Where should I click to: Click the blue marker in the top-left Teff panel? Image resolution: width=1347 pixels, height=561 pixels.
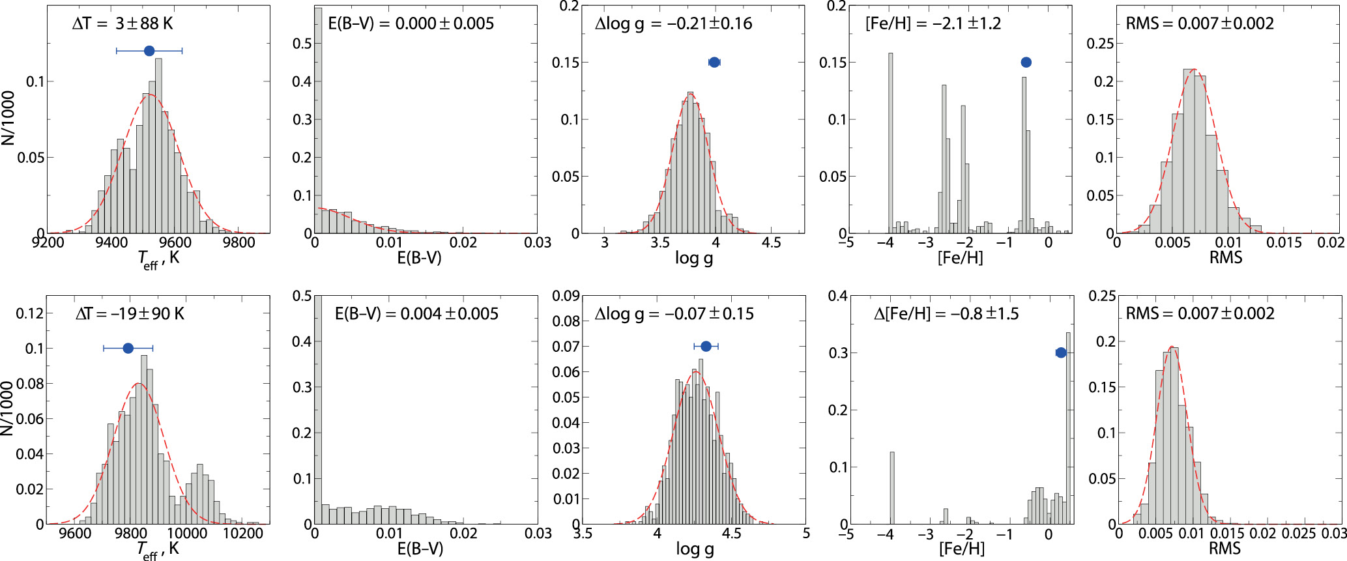click(x=149, y=51)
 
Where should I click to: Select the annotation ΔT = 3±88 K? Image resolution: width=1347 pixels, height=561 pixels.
click(x=123, y=24)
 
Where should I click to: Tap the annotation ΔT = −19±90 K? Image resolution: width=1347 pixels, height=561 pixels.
click(x=130, y=314)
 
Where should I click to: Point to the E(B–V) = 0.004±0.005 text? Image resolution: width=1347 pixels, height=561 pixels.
click(x=416, y=314)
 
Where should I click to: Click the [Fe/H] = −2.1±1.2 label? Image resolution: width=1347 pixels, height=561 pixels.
click(x=933, y=24)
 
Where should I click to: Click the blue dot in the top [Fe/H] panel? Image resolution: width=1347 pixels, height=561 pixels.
click(x=1026, y=63)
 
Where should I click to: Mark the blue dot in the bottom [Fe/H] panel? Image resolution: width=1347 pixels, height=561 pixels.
click(x=1060, y=352)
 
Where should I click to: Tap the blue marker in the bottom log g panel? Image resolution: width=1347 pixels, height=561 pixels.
click(x=706, y=346)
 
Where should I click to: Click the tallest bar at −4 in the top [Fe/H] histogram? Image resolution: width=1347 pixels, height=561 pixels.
click(x=890, y=143)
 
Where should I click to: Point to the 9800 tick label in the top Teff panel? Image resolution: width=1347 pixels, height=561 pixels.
click(x=239, y=243)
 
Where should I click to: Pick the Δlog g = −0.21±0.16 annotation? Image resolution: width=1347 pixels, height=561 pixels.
click(x=673, y=24)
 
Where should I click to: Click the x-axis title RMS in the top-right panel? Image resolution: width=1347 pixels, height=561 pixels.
click(x=1225, y=258)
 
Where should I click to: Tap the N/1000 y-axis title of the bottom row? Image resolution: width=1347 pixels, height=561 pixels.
click(x=8, y=409)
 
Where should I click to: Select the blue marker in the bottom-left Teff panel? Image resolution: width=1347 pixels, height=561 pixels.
click(x=128, y=349)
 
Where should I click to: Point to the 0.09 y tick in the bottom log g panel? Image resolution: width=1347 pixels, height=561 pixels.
click(x=566, y=296)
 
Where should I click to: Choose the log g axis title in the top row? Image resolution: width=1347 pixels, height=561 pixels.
click(x=693, y=258)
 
